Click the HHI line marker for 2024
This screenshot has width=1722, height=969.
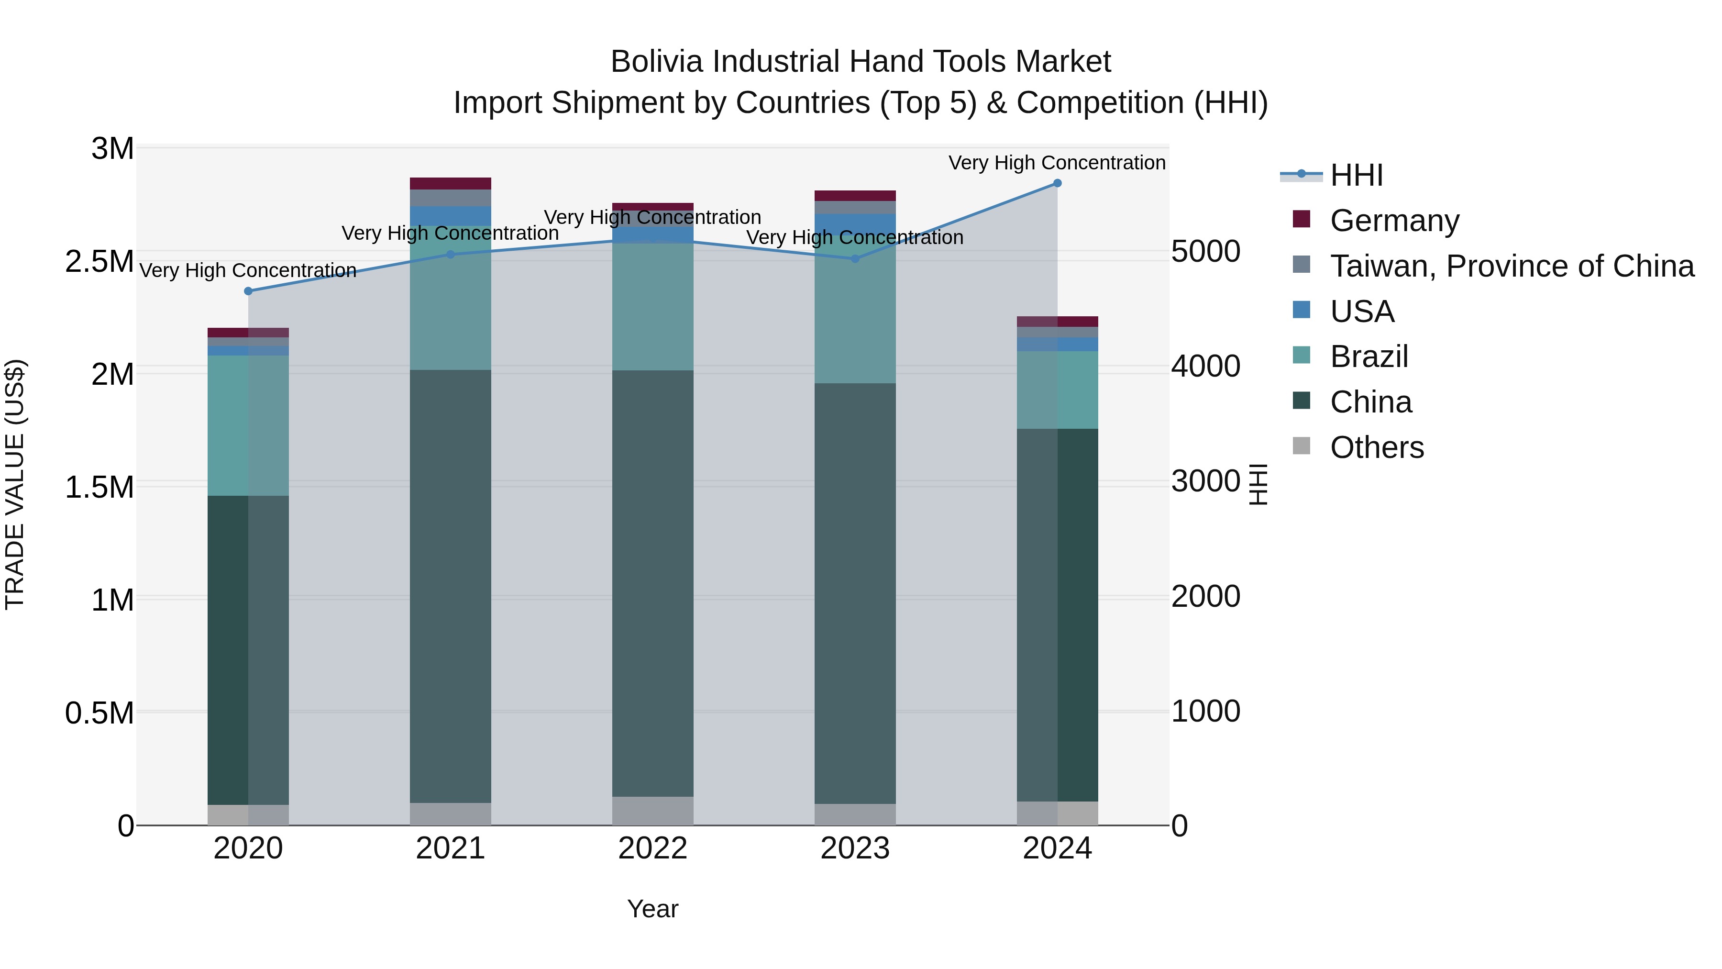[1057, 183]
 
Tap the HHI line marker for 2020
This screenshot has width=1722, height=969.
[248, 291]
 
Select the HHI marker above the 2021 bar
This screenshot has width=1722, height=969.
[451, 254]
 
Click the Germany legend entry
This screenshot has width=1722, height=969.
[1394, 221]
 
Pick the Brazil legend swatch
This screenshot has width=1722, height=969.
[1302, 355]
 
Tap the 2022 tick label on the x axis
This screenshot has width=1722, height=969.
[652, 848]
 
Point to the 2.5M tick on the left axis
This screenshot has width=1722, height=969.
[99, 261]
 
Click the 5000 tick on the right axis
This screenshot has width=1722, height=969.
[1205, 251]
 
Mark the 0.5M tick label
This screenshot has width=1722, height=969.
[99, 713]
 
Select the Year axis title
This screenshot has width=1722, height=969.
[652, 909]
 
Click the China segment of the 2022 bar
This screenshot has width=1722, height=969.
[652, 582]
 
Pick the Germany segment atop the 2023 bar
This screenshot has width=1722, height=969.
[855, 196]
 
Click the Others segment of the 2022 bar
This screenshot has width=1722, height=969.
[652, 811]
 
